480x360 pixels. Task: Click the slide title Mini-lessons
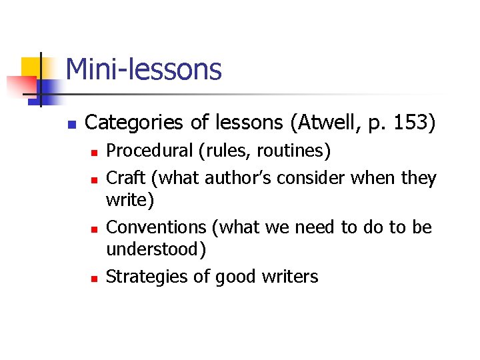point(143,69)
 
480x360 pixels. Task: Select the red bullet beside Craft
point(94,179)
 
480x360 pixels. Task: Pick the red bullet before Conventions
point(94,229)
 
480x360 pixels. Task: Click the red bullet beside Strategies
point(94,277)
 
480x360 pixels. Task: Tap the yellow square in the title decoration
point(32,67)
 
